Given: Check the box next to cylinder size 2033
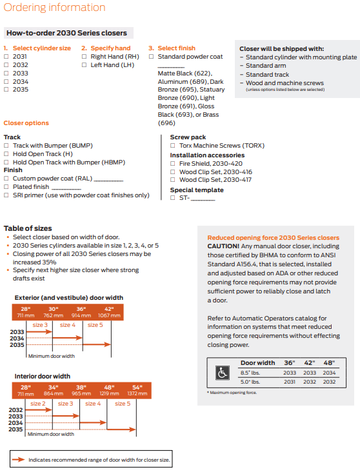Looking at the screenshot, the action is pyautogui.click(x=6, y=73).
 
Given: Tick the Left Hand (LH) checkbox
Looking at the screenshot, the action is pyautogui.click(x=84, y=64).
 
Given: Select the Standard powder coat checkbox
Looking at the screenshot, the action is pyautogui.click(x=151, y=56).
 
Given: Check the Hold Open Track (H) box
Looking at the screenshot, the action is pyautogui.click(x=6, y=154).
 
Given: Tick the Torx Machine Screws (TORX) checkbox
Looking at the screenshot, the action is pyautogui.click(x=173, y=145).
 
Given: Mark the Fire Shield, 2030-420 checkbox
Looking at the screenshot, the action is pyautogui.click(x=173, y=163).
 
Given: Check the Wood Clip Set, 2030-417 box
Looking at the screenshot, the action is pyautogui.click(x=173, y=180).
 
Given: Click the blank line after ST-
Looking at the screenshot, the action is pyautogui.click(x=203, y=200).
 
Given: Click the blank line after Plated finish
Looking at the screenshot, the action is pyautogui.click(x=66, y=189).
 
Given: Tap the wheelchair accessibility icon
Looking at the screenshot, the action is pyautogui.click(x=223, y=373).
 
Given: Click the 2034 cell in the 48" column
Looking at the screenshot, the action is pyautogui.click(x=329, y=373).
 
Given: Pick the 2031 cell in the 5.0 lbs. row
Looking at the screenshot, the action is pyautogui.click(x=290, y=382).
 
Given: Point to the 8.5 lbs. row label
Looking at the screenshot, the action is pyautogui.click(x=250, y=373).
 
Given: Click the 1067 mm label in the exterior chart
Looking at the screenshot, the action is pyautogui.click(x=109, y=315).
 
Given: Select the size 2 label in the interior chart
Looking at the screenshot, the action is pyautogui.click(x=38, y=404).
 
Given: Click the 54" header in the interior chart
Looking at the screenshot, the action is pyautogui.click(x=137, y=387).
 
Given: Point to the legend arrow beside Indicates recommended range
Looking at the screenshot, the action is pyautogui.click(x=19, y=459).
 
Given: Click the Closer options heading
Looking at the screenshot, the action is pyautogui.click(x=26, y=123).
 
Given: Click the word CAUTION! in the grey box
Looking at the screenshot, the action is pyautogui.click(x=223, y=246).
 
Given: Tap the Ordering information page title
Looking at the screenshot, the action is pyautogui.click(x=55, y=7).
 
